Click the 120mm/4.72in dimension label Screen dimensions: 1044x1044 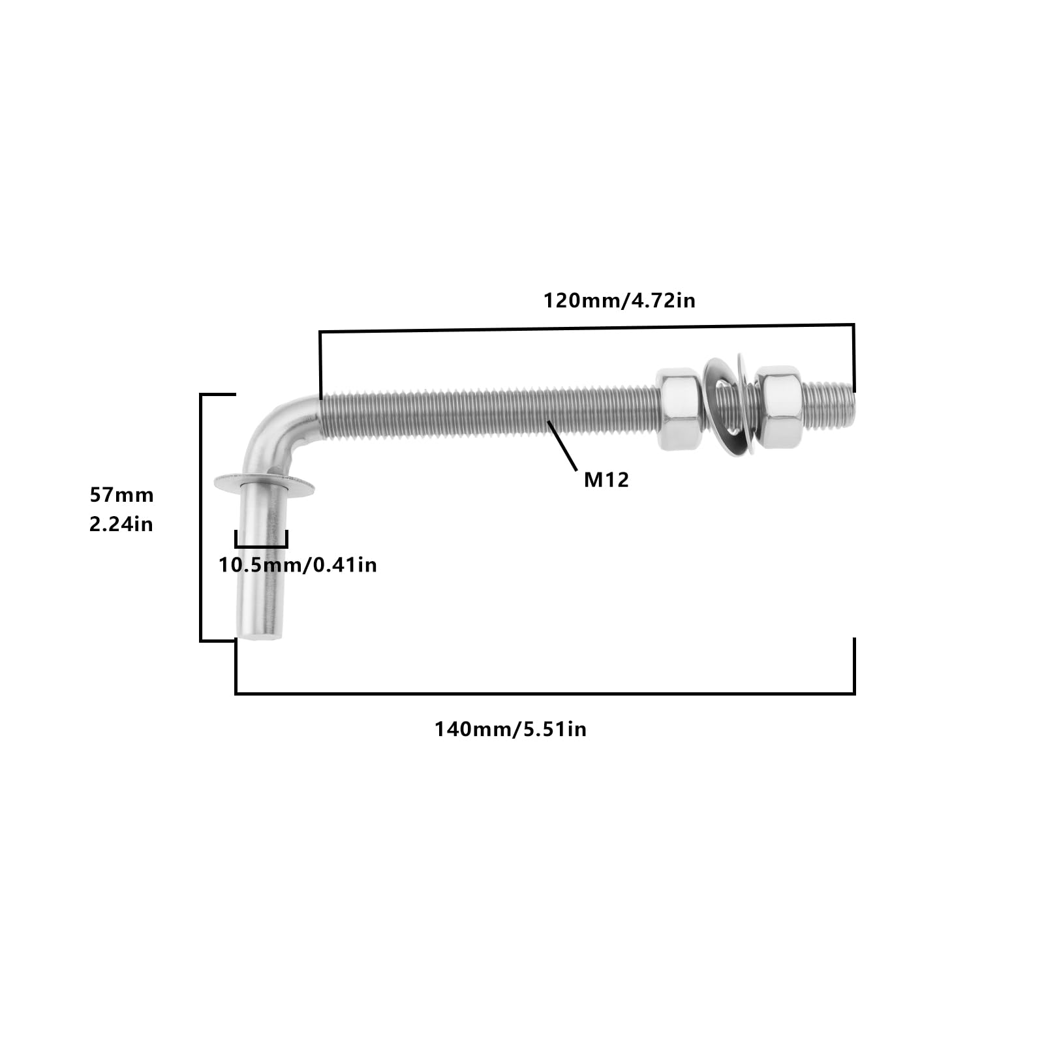click(x=619, y=301)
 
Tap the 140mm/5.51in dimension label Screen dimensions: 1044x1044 click(x=510, y=729)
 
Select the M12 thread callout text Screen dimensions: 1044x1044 click(x=606, y=480)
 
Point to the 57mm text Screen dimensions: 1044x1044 click(x=121, y=495)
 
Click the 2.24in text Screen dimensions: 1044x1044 click(x=121, y=524)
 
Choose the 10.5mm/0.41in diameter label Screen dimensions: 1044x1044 click(x=298, y=564)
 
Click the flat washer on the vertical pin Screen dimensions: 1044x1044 click(x=264, y=485)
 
